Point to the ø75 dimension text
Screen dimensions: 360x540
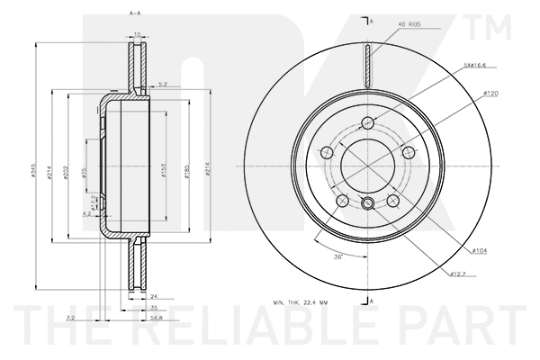(x=83, y=171)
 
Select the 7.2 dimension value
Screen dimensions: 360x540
(x=71, y=317)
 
